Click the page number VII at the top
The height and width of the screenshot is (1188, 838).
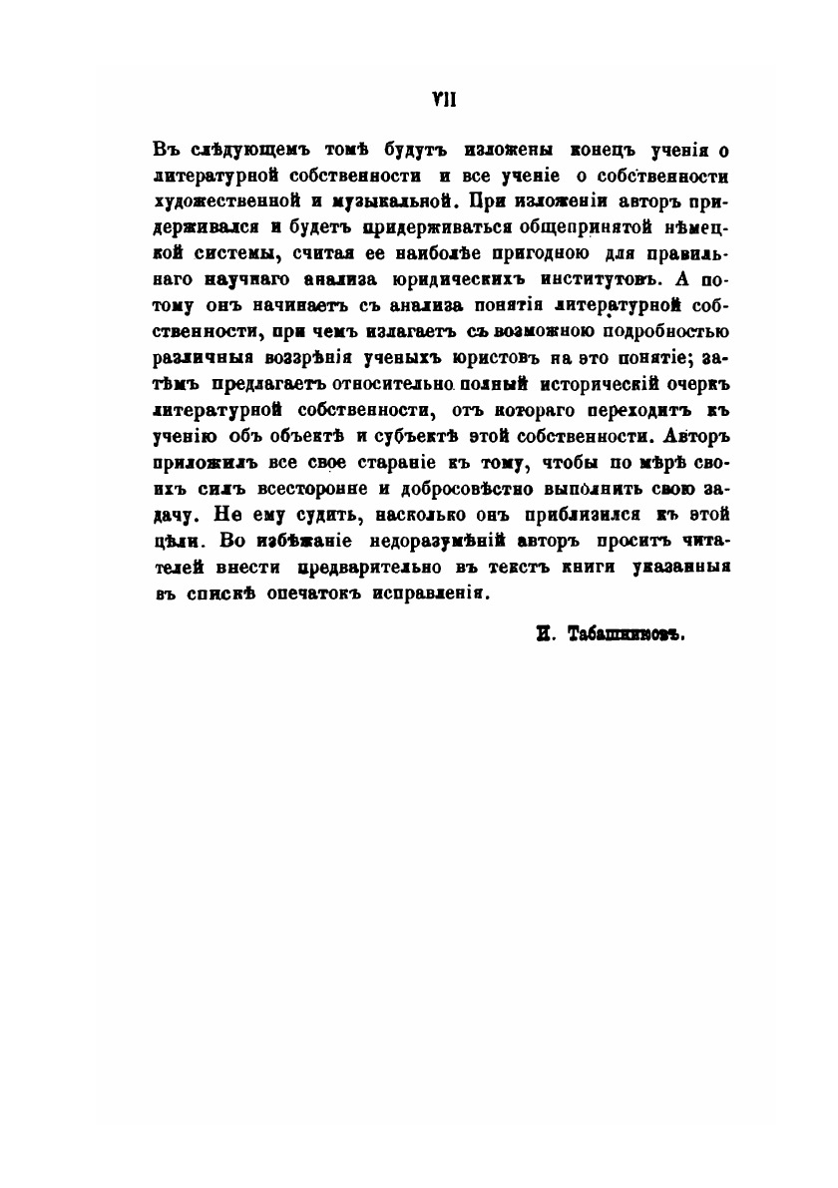click(x=419, y=99)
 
